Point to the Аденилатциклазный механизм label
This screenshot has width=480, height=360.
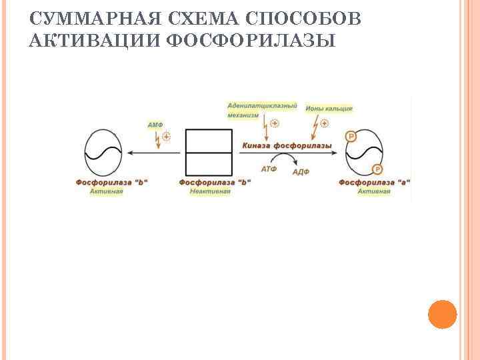(x=261, y=110)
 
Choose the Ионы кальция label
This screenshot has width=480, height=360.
(x=328, y=108)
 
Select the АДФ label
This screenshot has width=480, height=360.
(x=301, y=171)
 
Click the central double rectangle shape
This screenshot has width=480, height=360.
(x=208, y=153)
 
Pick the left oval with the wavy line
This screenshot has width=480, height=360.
(x=104, y=152)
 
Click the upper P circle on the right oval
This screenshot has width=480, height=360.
(x=351, y=137)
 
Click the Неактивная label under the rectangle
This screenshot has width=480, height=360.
(x=209, y=191)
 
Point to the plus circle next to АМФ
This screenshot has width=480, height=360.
(x=166, y=136)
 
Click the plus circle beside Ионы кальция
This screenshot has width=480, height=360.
(x=325, y=123)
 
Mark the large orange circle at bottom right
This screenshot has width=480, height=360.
(x=441, y=314)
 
